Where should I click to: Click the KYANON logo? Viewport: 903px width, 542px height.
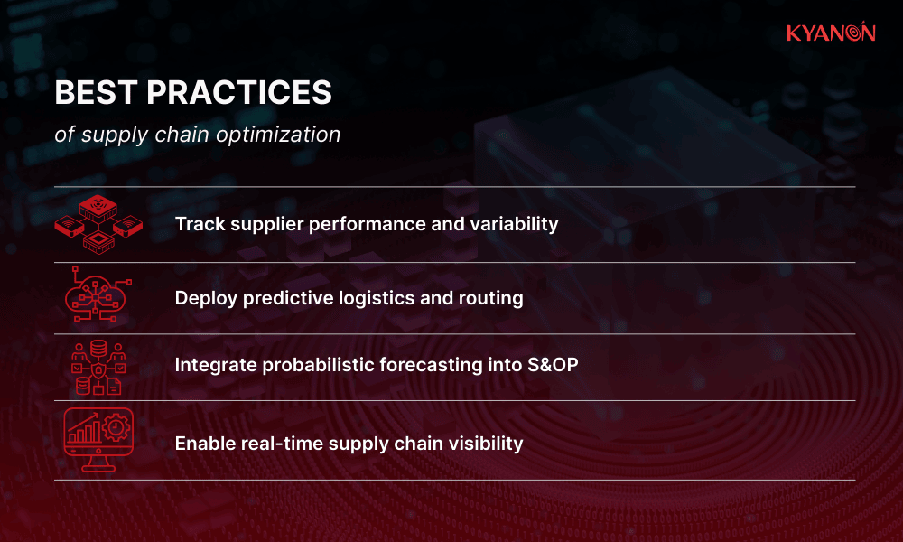point(830,33)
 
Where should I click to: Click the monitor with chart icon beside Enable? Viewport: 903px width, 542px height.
point(98,440)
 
